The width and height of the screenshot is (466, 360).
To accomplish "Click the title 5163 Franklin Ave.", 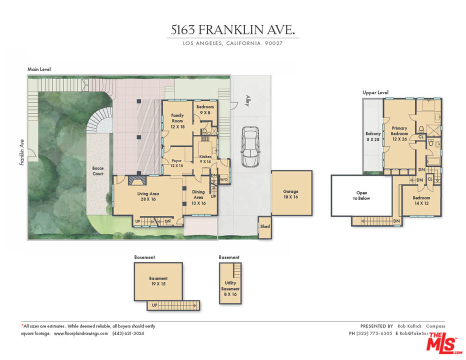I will pos(232,30).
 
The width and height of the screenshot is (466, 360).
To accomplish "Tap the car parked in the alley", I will pos(249,146).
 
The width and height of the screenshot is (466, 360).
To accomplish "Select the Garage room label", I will pos(291,194).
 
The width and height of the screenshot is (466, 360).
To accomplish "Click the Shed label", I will pos(264,226).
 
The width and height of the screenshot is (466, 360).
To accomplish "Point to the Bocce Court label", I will pos(98,171).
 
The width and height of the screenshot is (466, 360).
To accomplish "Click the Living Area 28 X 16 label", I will pos(148,196).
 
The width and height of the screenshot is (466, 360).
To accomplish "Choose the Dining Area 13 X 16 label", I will pos(198,197).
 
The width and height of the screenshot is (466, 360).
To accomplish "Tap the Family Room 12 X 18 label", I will pos(177,121).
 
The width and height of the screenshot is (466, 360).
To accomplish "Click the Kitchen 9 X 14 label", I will pos(205,159).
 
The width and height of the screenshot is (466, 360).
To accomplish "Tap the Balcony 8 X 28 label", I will pos(373,136).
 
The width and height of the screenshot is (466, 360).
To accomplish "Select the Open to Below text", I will pos(361,195).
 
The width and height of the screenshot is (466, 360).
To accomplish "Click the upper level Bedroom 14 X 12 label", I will pos(421,200).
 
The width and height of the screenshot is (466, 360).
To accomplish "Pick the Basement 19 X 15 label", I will pos(158,281).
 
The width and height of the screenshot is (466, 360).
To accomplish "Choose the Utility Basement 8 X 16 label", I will pos(230,288).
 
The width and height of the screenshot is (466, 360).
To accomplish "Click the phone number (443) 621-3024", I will pos(128,333).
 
